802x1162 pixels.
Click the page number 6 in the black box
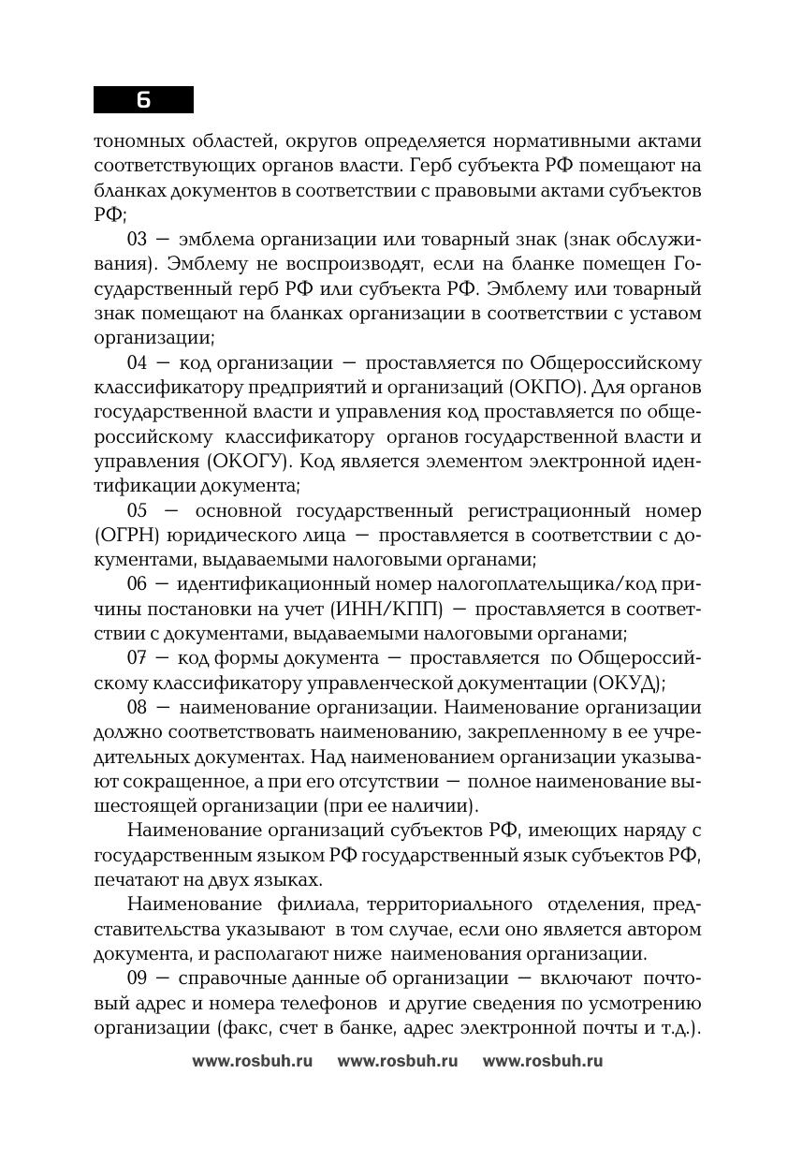coord(143,100)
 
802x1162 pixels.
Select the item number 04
coord(138,363)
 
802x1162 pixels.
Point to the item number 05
coord(138,511)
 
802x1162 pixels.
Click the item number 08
coord(138,708)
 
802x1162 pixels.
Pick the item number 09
coord(138,978)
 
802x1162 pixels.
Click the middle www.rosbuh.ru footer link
coord(398,1061)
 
